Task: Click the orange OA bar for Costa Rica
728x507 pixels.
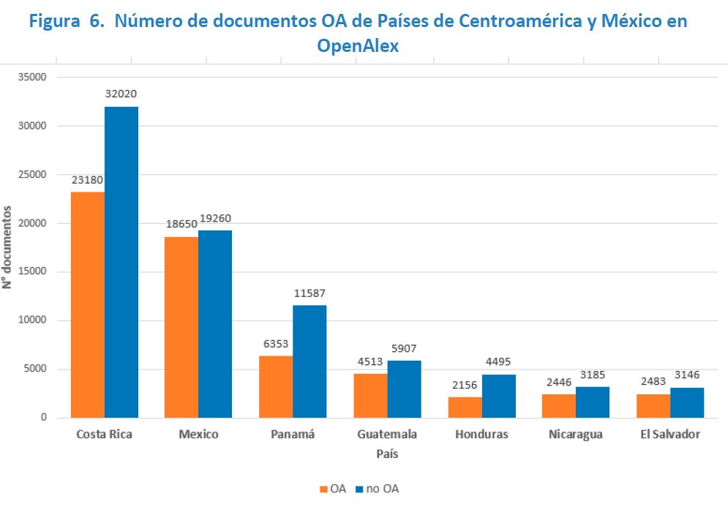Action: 88,304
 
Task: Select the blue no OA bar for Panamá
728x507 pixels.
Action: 309,361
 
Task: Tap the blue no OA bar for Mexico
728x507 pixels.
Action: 215,324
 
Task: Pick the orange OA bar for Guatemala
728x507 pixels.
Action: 370,396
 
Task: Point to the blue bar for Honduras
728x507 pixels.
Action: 498,396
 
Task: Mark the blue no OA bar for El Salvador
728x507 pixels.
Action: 687,402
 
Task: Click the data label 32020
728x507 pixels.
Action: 121,94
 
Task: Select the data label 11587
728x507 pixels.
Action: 309,293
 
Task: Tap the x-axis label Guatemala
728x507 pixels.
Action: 387,435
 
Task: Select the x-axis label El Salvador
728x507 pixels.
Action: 669,435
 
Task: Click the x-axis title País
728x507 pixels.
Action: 387,454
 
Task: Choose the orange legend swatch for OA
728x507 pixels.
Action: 323,489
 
